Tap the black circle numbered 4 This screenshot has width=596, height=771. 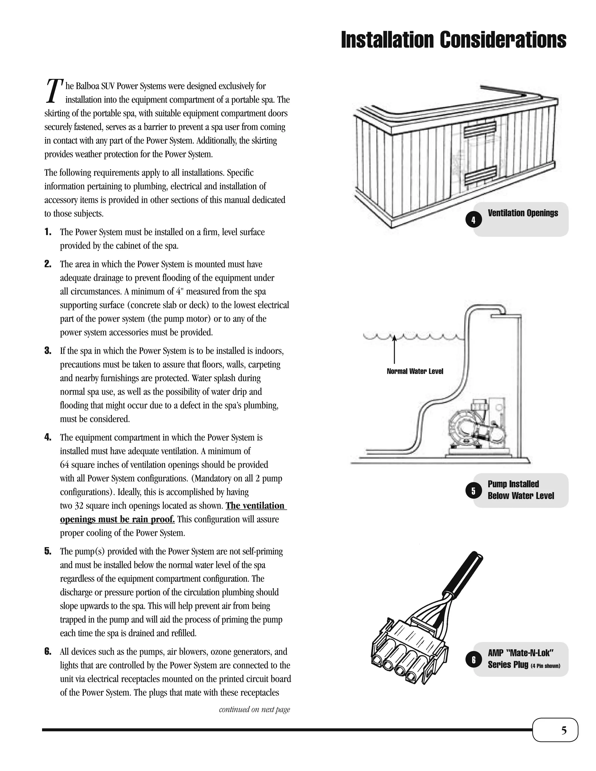pos(473,220)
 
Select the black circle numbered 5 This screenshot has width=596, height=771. pos(473,491)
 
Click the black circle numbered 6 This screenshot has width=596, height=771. pos(473,660)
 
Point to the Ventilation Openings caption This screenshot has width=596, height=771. pos(523,213)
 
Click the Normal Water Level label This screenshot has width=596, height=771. pos(415,371)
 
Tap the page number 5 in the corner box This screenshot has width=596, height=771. pos(564,730)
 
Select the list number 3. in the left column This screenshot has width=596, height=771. pos(48,351)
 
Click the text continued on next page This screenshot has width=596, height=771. pos(254,709)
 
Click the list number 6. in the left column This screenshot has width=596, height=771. pos(48,652)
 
